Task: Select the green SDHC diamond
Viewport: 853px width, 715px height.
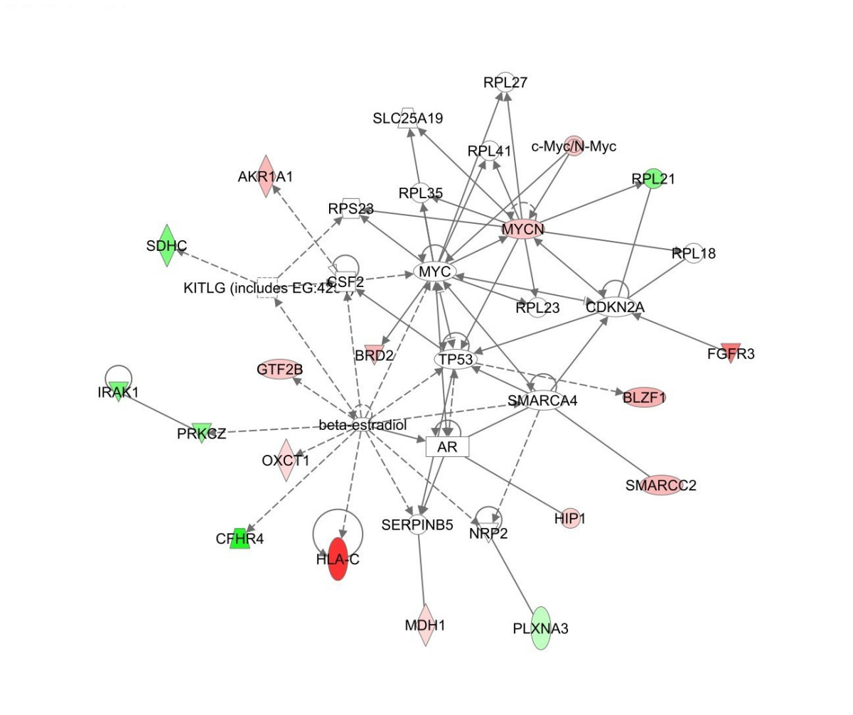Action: [166, 246]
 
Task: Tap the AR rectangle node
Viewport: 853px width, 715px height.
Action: [448, 446]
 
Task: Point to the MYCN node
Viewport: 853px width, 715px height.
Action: [522, 229]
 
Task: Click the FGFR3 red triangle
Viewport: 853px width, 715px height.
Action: [731, 353]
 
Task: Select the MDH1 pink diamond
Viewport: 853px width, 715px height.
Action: [425, 625]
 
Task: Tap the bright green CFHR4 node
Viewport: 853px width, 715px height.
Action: [240, 538]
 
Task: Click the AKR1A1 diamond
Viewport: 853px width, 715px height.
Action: [265, 176]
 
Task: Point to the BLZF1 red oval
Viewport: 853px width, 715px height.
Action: [644, 398]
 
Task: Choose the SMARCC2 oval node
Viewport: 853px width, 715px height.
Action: [661, 485]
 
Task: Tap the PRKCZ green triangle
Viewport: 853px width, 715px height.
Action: [202, 432]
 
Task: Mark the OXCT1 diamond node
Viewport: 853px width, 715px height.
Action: [286, 460]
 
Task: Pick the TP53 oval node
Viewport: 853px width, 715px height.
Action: [456, 360]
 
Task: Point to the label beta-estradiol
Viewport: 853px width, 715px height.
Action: [363, 425]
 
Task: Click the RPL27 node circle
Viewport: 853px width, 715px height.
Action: [505, 82]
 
